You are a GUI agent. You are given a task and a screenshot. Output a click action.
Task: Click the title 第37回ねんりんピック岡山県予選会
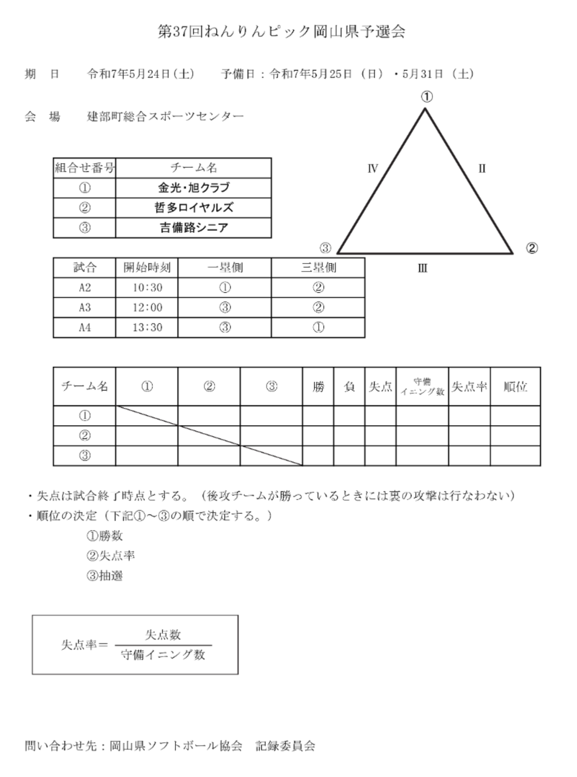[281, 32]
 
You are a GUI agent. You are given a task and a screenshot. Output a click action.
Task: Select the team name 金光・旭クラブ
[194, 187]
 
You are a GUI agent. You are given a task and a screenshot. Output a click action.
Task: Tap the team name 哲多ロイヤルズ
[194, 208]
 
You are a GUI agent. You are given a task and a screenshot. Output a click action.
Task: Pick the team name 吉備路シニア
[194, 228]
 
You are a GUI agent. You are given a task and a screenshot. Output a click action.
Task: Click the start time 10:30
[147, 288]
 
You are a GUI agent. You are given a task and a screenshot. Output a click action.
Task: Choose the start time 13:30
[147, 327]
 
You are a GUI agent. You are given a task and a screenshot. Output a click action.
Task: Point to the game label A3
[85, 307]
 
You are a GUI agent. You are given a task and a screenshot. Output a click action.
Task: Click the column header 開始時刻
[147, 267]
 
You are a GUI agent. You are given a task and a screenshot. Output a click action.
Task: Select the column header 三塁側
[318, 267]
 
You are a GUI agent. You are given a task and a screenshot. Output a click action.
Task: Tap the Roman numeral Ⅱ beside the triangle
[482, 169]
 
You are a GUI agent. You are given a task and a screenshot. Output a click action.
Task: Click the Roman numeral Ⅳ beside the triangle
[373, 169]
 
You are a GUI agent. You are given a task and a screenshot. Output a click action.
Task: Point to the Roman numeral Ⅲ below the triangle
[422, 268]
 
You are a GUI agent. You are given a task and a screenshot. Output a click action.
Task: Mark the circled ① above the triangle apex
[427, 97]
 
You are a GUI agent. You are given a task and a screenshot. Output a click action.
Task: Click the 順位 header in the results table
[515, 387]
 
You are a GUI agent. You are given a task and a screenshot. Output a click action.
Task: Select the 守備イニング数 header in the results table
[422, 387]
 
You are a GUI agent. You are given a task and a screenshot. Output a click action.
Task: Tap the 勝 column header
[318, 387]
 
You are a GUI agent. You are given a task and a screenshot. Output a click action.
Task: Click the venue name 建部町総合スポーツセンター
[165, 116]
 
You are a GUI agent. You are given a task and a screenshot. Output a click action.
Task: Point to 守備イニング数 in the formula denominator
[163, 654]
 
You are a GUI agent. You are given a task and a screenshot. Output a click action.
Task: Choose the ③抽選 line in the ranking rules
[104, 575]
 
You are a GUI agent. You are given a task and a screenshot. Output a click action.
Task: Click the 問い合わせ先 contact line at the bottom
[170, 746]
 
